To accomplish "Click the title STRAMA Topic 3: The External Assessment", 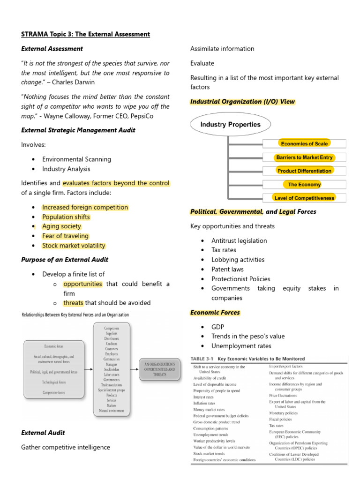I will pyautogui.click(x=85, y=34).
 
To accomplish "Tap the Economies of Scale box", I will pyautogui.click(x=304, y=143).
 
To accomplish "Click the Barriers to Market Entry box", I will pyautogui.click(x=304, y=157).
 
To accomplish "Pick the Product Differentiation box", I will pyautogui.click(x=304, y=171).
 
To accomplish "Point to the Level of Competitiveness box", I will pyautogui.click(x=304, y=198).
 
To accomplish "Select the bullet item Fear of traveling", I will pyautogui.click(x=65, y=236).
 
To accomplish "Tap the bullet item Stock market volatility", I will pyautogui.click(x=74, y=246).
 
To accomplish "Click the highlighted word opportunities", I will pyautogui.click(x=82, y=284).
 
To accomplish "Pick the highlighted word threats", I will pyautogui.click(x=73, y=303).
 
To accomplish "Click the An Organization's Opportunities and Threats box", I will pyautogui.click(x=159, y=369).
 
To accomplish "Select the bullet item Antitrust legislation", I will pyautogui.click(x=239, y=240).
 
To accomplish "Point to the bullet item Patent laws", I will pyautogui.click(x=227, y=269).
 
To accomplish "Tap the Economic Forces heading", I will pyautogui.click(x=215, y=313).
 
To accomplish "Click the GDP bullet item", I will pyautogui.click(x=218, y=327).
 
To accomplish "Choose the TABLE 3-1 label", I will pyautogui.click(x=204, y=359).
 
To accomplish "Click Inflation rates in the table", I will pyautogui.click(x=204, y=403).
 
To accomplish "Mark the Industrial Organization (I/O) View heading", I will pyautogui.click(x=242, y=102).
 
